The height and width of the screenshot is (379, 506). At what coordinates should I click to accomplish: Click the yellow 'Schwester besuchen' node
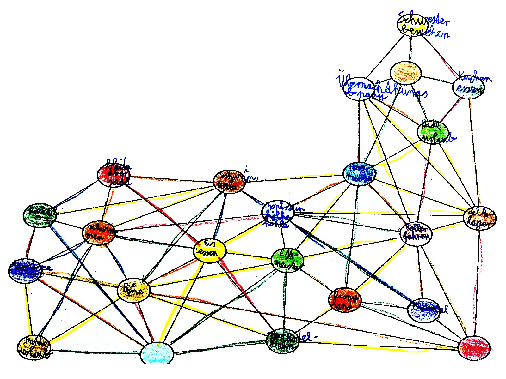pyautogui.click(x=410, y=25)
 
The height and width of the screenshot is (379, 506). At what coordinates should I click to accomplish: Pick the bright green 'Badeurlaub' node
pyautogui.click(x=433, y=132)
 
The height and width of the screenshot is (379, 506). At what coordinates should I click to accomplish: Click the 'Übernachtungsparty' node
pyautogui.click(x=359, y=88)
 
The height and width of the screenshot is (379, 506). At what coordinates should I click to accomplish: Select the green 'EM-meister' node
pyautogui.click(x=287, y=260)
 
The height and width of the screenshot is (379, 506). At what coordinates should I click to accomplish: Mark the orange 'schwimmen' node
pyautogui.click(x=98, y=233)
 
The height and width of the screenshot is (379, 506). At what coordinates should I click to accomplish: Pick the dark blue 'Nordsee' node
pyautogui.click(x=25, y=271)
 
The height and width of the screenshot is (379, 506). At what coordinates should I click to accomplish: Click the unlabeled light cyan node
pyautogui.click(x=157, y=353)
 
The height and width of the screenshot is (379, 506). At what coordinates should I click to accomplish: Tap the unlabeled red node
pyautogui.click(x=474, y=348)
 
